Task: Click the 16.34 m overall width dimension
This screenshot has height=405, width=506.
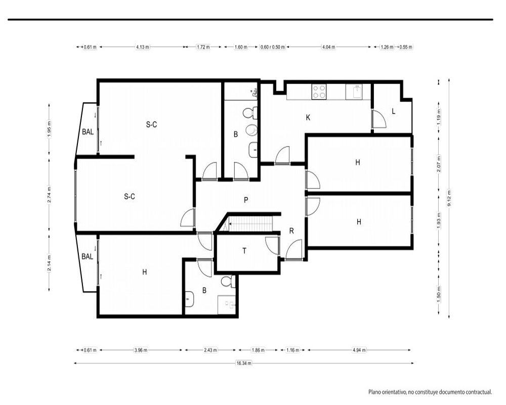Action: click(244, 363)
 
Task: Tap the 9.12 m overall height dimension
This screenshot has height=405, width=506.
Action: click(449, 198)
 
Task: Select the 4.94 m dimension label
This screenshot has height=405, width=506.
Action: click(359, 350)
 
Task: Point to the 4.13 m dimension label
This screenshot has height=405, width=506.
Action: click(142, 47)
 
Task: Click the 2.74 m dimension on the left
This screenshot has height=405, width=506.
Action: click(49, 195)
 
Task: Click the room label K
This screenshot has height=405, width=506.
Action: click(308, 117)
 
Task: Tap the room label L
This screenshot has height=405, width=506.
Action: click(393, 111)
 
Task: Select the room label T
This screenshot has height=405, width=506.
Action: click(244, 251)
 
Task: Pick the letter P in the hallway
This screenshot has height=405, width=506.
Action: click(246, 200)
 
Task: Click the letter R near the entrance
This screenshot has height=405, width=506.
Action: click(291, 231)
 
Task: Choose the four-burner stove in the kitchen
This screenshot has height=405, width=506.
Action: click(319, 92)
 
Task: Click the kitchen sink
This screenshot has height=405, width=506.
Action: click(354, 92)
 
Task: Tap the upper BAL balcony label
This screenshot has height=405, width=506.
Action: click(88, 132)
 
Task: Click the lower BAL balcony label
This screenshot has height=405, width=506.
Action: click(88, 257)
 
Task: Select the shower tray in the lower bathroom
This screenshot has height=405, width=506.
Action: click(227, 305)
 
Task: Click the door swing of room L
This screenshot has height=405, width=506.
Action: click(379, 119)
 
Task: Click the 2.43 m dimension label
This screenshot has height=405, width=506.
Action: click(210, 350)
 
